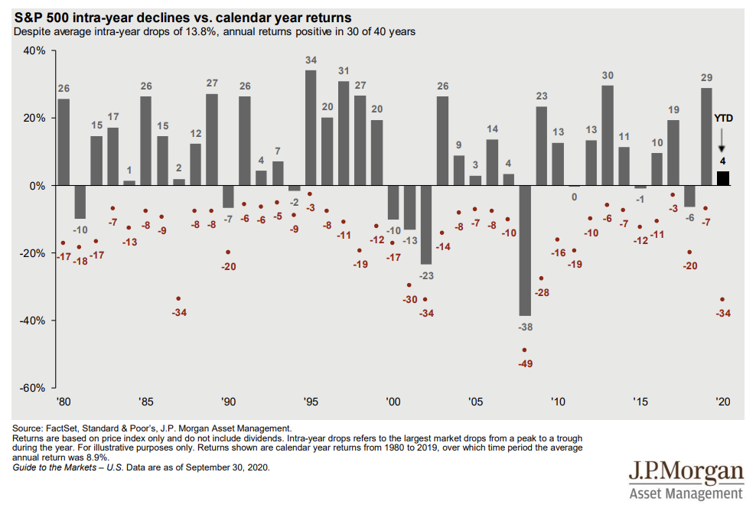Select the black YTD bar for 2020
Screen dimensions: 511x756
[722, 178]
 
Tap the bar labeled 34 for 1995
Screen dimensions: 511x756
[311, 128]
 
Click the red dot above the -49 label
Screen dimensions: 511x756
[524, 350]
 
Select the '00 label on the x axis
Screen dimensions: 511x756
[393, 401]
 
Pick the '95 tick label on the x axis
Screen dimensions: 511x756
[311, 401]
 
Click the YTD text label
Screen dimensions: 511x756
[723, 119]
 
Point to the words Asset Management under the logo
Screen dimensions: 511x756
[686, 493]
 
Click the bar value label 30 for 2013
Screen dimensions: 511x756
[608, 76]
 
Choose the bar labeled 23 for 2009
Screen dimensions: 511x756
[541, 146]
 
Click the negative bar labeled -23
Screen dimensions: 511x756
[426, 225]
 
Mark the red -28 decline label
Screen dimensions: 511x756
[543, 293]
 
